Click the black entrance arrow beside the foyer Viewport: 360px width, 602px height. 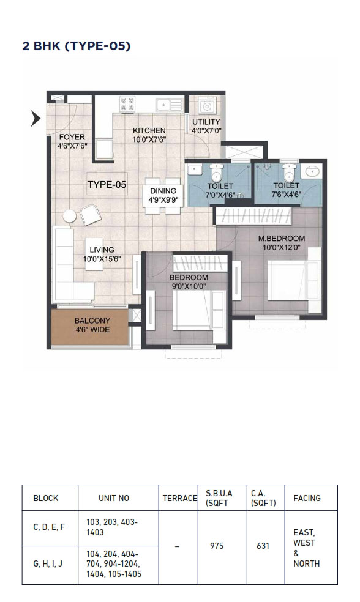(x=36, y=119)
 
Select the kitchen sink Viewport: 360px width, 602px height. (x=169, y=105)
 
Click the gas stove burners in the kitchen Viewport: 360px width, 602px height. (x=127, y=104)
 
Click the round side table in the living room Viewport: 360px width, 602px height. (x=70, y=216)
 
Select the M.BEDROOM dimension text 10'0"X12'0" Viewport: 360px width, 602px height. (x=282, y=248)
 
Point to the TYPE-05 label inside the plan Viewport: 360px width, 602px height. (x=107, y=185)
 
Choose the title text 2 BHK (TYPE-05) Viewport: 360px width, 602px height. (x=77, y=46)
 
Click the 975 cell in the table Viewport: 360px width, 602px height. (x=217, y=546)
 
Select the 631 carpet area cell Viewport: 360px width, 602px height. (x=263, y=546)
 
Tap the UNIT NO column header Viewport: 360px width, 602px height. (x=114, y=498)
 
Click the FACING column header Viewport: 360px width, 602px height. (x=307, y=498)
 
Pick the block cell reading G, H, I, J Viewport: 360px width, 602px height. (x=48, y=563)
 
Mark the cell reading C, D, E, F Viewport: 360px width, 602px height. (x=49, y=527)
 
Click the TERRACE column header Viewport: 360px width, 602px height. (x=180, y=498)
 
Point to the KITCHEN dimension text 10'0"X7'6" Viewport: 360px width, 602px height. (x=149, y=139)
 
